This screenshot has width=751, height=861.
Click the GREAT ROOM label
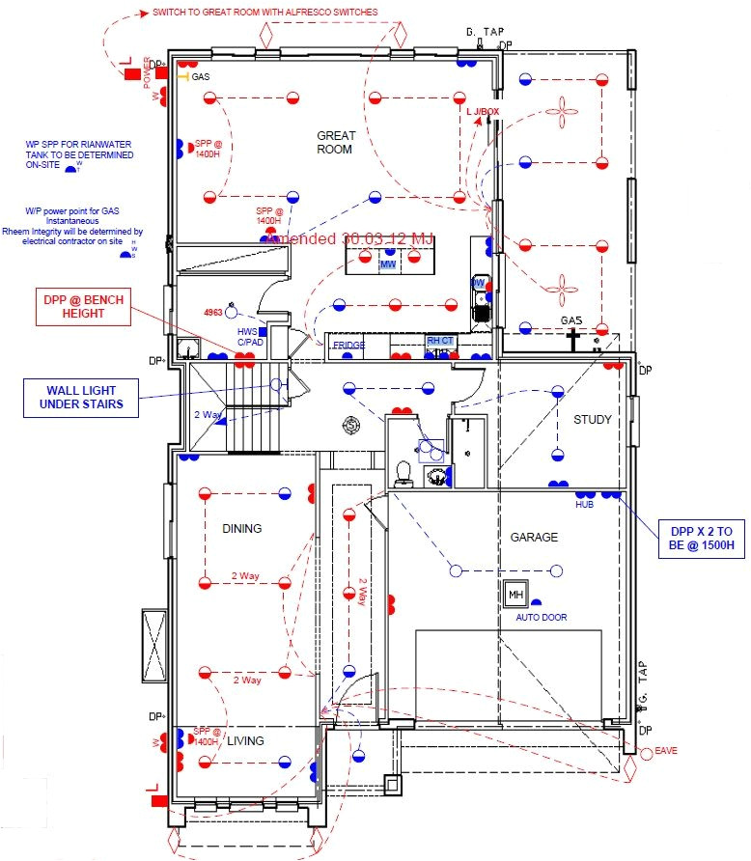[x=336, y=143]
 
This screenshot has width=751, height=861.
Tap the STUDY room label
[x=593, y=419]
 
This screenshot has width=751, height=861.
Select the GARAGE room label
[x=534, y=537]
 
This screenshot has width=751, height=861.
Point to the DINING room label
[x=242, y=528]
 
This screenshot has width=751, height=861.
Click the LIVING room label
[x=246, y=740]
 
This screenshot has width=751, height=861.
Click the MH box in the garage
[x=515, y=595]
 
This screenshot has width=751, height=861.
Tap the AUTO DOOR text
[x=541, y=617]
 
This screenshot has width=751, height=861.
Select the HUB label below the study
[x=584, y=504]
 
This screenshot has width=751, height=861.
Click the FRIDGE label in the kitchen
[x=348, y=345]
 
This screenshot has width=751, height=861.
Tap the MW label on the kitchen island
[x=388, y=264]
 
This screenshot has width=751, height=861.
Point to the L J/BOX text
[x=484, y=112]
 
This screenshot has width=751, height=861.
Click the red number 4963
[x=214, y=313]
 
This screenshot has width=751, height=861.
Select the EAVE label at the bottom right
[x=666, y=750]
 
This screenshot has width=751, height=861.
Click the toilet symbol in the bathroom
[x=404, y=473]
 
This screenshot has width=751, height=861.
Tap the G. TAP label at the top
[x=483, y=33]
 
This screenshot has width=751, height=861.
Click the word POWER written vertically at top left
[x=148, y=72]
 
